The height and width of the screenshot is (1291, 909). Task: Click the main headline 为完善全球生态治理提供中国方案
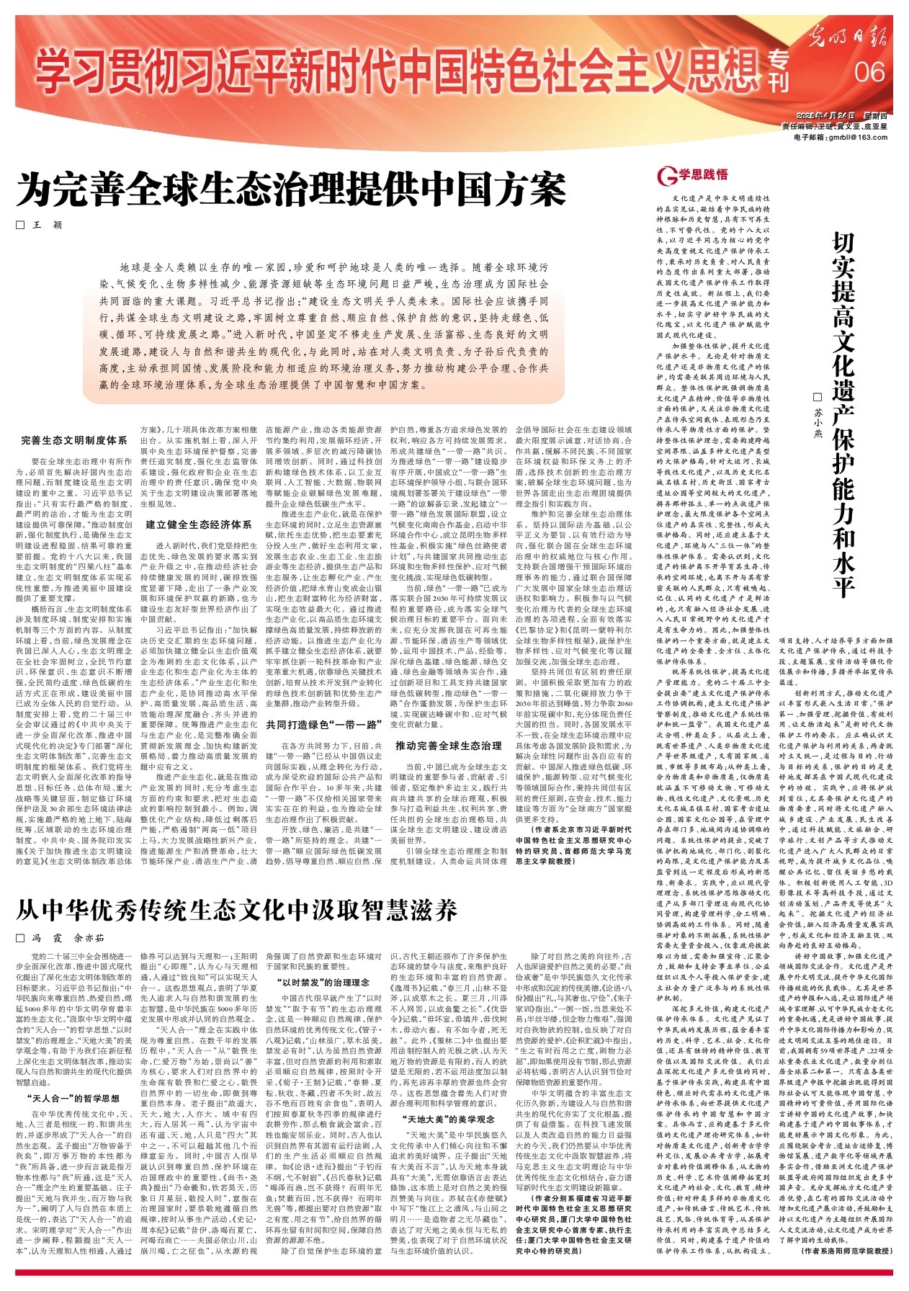pos(291,189)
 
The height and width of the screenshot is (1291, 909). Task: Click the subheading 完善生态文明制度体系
pos(74,439)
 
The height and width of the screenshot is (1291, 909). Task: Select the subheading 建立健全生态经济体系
pos(199,524)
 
